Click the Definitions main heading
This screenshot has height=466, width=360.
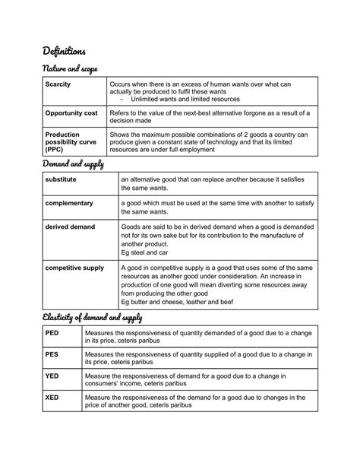coord(64,51)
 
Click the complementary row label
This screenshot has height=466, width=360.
coord(69,204)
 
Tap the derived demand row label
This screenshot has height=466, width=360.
coord(71,228)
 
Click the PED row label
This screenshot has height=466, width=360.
coord(52,333)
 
